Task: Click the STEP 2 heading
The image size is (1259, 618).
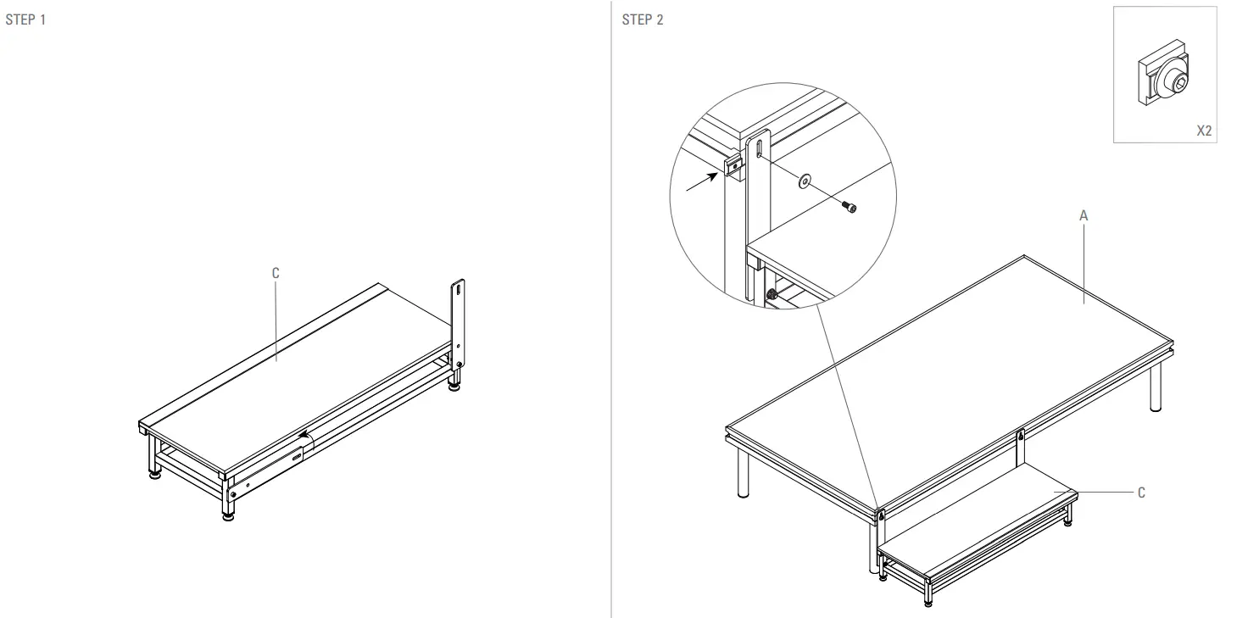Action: (x=643, y=20)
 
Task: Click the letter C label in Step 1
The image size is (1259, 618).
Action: (x=275, y=273)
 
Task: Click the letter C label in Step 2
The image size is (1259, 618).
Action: (x=1140, y=493)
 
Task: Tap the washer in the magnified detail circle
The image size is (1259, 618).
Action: (x=803, y=179)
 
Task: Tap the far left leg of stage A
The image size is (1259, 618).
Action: (x=744, y=475)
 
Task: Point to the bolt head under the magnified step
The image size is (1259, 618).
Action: (x=772, y=296)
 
